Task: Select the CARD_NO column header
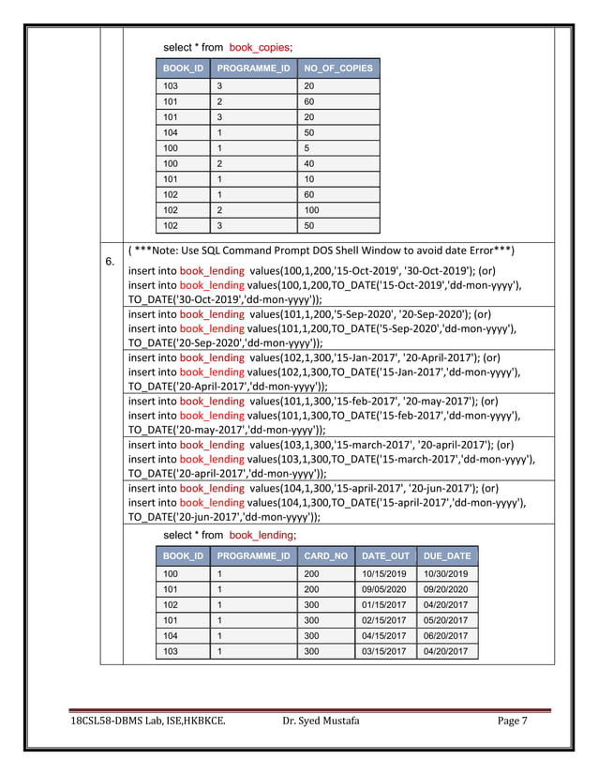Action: [326, 556]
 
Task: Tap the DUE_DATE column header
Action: [447, 556]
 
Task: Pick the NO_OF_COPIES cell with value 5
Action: [307, 147]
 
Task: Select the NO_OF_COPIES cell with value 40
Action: [310, 163]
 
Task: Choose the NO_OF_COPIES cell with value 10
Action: [310, 178]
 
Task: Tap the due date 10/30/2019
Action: [446, 573]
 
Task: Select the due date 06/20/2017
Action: [446, 636]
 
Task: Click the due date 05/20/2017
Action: [446, 620]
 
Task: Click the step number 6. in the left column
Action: [110, 262]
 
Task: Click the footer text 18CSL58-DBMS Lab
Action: [123, 722]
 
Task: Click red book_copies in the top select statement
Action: [258, 47]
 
